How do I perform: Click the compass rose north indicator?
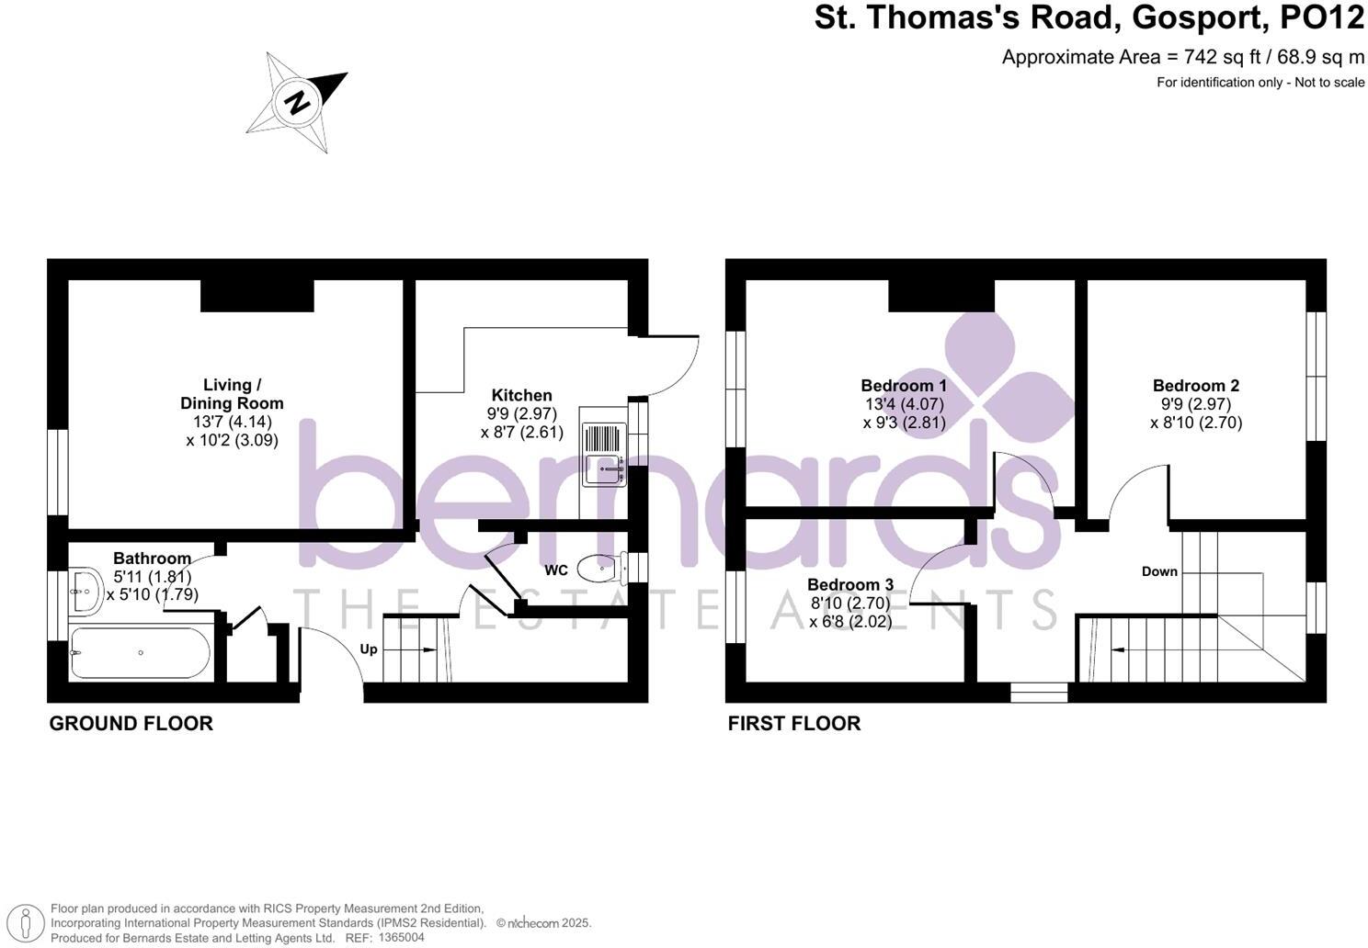297,101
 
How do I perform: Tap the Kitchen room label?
521,395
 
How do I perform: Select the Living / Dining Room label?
232,394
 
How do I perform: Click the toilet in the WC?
603,568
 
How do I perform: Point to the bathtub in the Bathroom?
141,652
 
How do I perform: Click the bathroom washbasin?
87,591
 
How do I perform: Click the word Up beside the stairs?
369,649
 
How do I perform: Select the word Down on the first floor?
1159,571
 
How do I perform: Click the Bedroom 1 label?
904,386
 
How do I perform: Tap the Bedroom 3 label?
850,584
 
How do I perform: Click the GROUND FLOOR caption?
131,724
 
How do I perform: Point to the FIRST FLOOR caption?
794,724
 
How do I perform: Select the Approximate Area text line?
1183,57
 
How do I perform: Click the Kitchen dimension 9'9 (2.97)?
521,413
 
